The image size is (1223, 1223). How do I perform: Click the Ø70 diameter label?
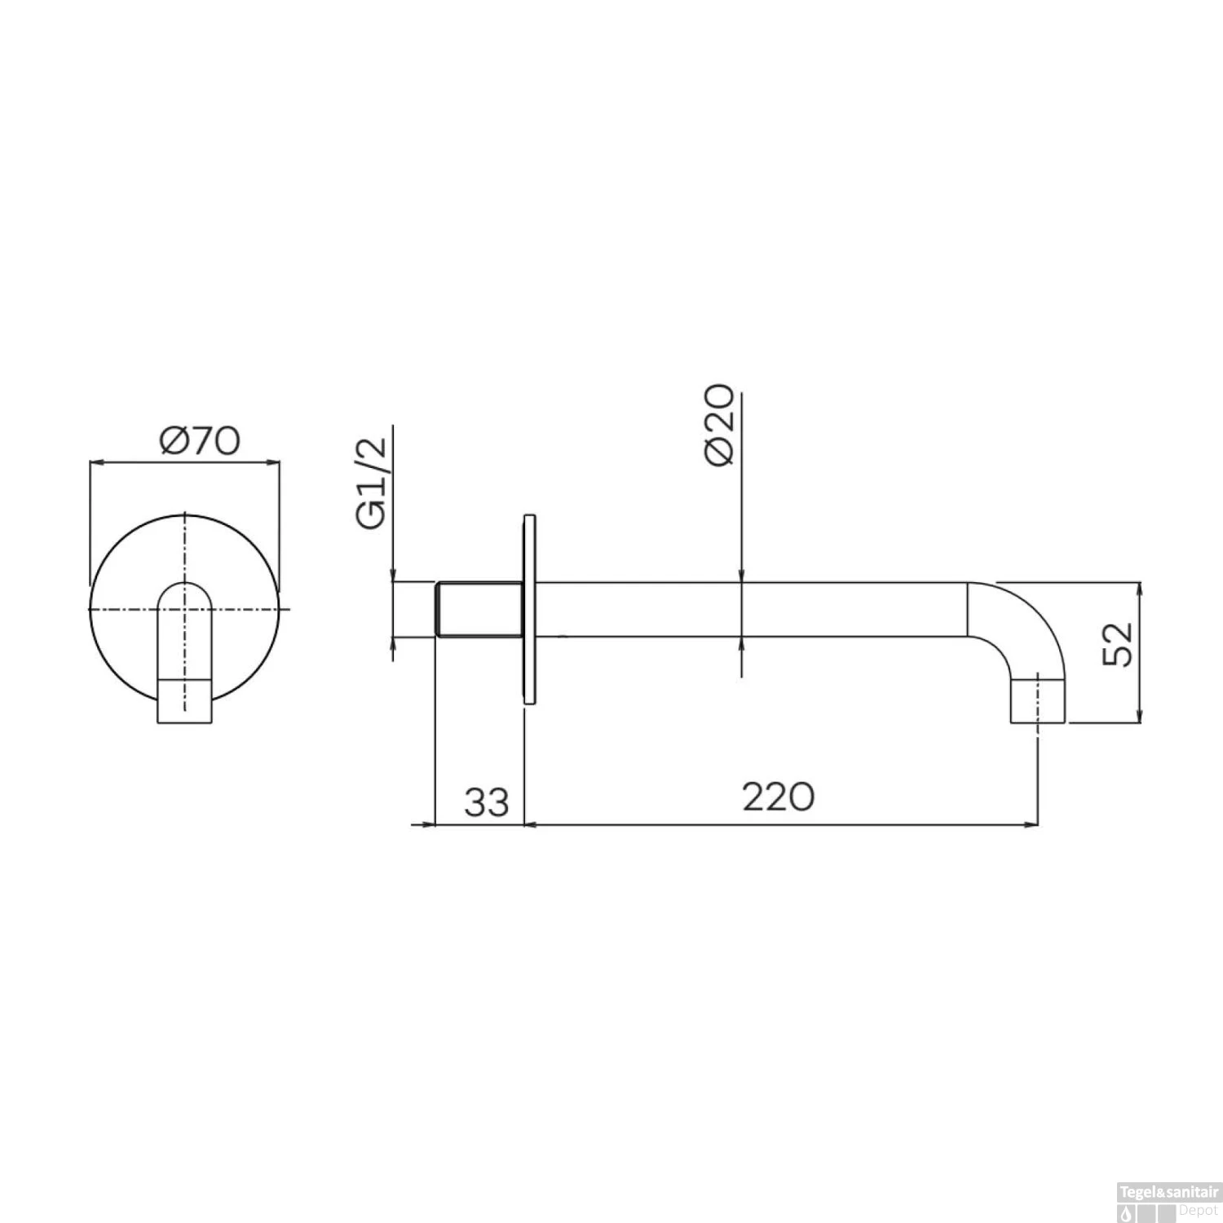click(x=200, y=441)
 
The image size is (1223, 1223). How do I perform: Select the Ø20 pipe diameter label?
click(x=722, y=424)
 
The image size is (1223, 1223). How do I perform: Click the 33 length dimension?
click(x=487, y=802)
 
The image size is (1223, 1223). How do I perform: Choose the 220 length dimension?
click(x=778, y=797)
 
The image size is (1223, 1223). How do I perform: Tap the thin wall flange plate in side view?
click(x=529, y=608)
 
